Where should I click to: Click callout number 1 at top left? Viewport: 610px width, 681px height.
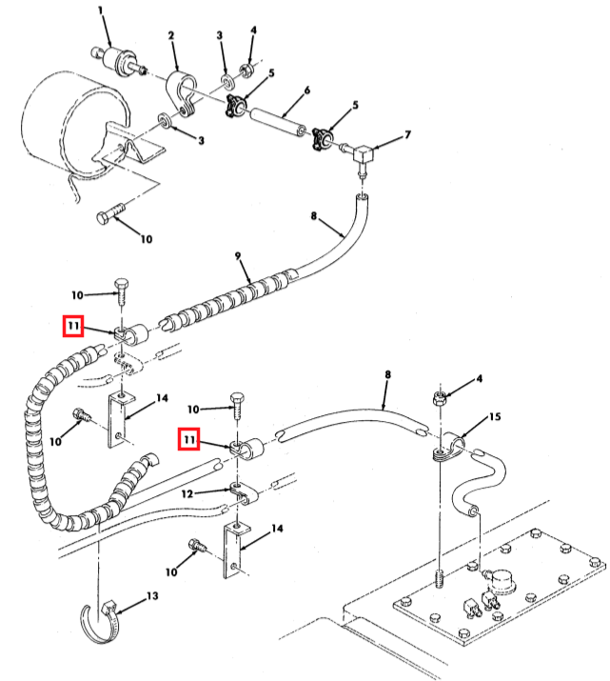(101, 10)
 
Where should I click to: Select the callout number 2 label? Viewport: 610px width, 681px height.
(171, 35)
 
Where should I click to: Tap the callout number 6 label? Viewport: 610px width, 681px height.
(307, 90)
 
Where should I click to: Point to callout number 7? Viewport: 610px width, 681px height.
(407, 135)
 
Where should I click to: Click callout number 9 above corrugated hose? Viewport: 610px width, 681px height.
(238, 256)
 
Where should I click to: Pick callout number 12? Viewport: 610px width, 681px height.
(187, 493)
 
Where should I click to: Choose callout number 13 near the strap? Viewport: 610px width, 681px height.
(152, 596)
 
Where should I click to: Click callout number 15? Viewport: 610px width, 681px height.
(495, 417)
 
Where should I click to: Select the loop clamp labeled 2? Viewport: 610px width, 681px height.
(180, 93)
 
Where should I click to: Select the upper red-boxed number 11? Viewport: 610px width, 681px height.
(73, 326)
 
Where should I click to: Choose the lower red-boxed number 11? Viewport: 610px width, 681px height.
(189, 439)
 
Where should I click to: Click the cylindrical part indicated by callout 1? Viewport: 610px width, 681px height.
(118, 61)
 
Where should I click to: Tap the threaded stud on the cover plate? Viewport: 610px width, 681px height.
(440, 578)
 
